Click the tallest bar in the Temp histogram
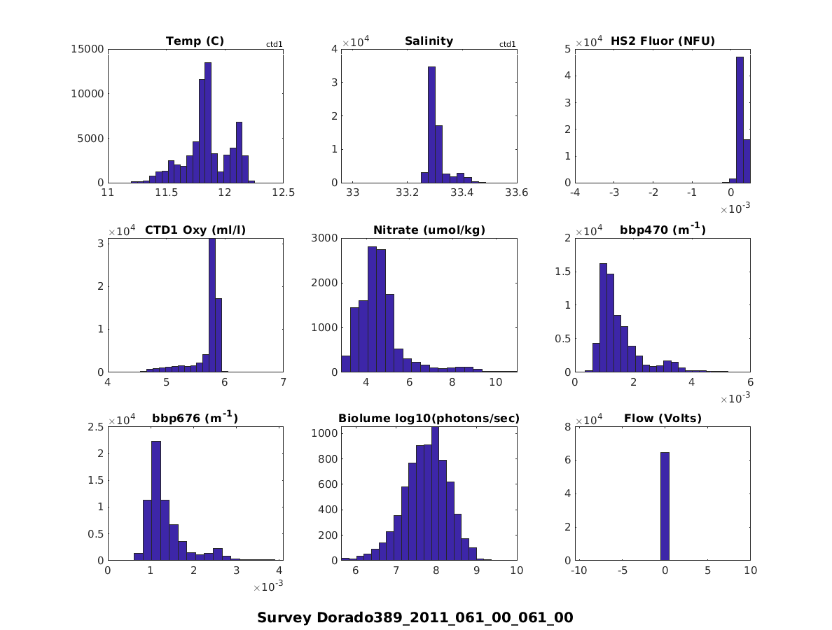[208, 122]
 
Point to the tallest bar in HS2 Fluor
[740, 120]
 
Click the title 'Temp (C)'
[195, 41]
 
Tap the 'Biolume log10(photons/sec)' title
[429, 419]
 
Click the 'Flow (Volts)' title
[663, 419]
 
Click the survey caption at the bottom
[415, 617]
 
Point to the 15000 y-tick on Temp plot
[88, 49]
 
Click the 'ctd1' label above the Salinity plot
[507, 45]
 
